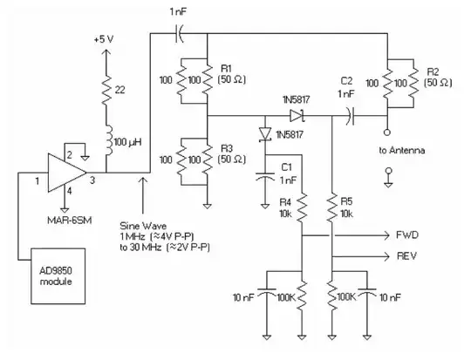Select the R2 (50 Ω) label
click(x=436, y=75)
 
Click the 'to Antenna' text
click(x=402, y=151)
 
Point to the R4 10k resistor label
click(x=285, y=207)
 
